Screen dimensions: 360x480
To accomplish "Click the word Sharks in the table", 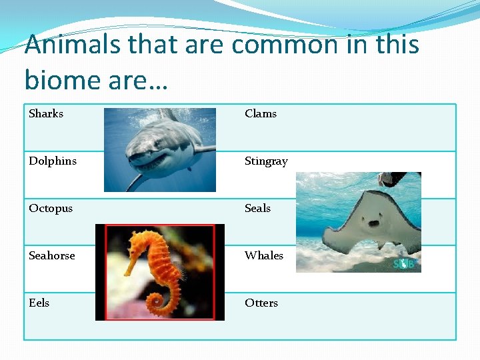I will [x=46, y=114].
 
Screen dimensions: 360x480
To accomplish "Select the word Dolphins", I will [x=53, y=161].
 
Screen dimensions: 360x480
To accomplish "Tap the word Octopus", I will [x=51, y=209].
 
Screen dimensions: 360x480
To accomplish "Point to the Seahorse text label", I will [x=52, y=256].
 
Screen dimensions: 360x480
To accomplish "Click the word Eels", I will [x=39, y=303].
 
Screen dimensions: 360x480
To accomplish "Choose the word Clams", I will [x=261, y=114].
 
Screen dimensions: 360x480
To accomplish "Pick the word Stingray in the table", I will [x=266, y=161].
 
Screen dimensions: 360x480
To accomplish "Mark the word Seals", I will [x=257, y=209].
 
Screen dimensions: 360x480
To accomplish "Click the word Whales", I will [x=264, y=256].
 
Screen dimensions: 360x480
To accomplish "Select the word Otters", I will [x=261, y=303].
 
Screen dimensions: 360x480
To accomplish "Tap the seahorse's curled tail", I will [x=159, y=303].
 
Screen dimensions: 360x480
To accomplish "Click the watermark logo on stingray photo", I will [x=403, y=264].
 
